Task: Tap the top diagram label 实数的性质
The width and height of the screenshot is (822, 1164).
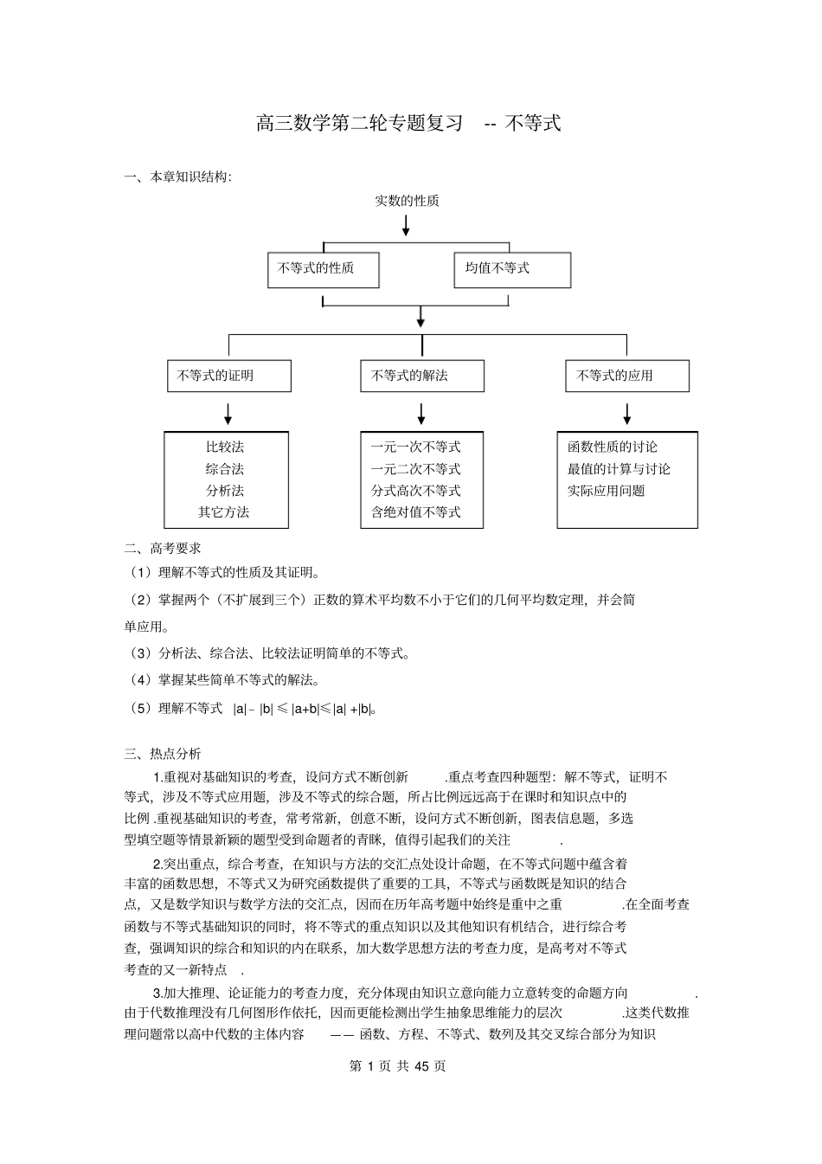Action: [407, 201]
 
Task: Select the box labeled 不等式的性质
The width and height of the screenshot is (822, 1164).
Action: [323, 269]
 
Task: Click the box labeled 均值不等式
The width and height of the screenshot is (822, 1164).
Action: [512, 269]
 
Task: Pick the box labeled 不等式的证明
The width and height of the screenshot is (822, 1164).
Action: [228, 376]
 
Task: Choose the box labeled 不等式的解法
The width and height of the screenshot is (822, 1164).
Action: [421, 376]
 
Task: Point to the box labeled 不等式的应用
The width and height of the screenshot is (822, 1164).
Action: [626, 376]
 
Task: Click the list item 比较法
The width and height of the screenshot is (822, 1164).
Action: [225, 447]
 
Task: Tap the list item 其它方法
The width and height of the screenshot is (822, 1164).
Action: [223, 511]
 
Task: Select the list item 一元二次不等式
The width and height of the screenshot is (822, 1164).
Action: [415, 469]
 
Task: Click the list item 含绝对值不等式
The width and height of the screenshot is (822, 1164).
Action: [415, 511]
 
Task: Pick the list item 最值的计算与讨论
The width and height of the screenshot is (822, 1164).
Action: [619, 469]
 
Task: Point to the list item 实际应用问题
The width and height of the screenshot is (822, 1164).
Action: [606, 491]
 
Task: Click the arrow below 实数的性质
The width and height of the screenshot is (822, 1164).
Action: [406, 226]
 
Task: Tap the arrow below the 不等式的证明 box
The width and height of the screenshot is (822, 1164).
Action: [228, 413]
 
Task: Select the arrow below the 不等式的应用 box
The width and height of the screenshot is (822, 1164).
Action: [626, 413]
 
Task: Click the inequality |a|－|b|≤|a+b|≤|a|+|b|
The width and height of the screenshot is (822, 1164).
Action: [304, 709]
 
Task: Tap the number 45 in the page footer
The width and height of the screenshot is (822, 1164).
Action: [422, 1066]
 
